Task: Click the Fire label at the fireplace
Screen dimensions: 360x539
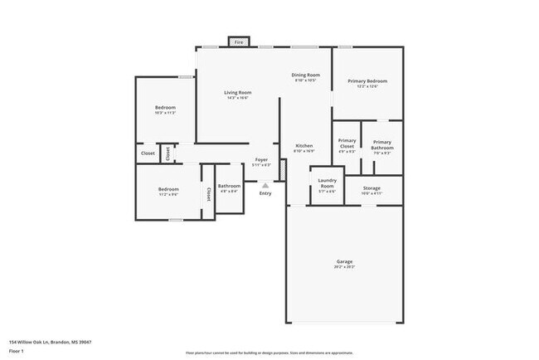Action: click(x=239, y=41)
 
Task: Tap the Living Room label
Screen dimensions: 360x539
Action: click(x=239, y=92)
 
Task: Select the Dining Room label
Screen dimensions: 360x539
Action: click(x=305, y=75)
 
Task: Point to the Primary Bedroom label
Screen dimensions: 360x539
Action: click(x=367, y=80)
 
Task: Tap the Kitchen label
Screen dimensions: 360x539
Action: click(x=304, y=146)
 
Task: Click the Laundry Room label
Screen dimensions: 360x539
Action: click(x=327, y=182)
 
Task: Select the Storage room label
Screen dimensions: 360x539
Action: click(x=372, y=188)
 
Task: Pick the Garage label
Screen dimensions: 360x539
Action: click(x=344, y=261)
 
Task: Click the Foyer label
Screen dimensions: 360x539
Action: click(x=261, y=158)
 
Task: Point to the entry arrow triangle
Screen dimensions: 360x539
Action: click(x=265, y=185)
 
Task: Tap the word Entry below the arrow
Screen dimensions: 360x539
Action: click(x=265, y=193)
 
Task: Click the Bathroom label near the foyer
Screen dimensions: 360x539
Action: click(x=228, y=186)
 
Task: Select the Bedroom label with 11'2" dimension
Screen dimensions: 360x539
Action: click(x=168, y=189)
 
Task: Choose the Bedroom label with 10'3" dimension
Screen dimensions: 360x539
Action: click(x=165, y=108)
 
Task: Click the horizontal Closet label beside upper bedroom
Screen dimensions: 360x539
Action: click(x=148, y=153)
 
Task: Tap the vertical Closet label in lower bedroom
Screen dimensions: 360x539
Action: click(x=208, y=193)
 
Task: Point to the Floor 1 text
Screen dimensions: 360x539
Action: click(x=17, y=351)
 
